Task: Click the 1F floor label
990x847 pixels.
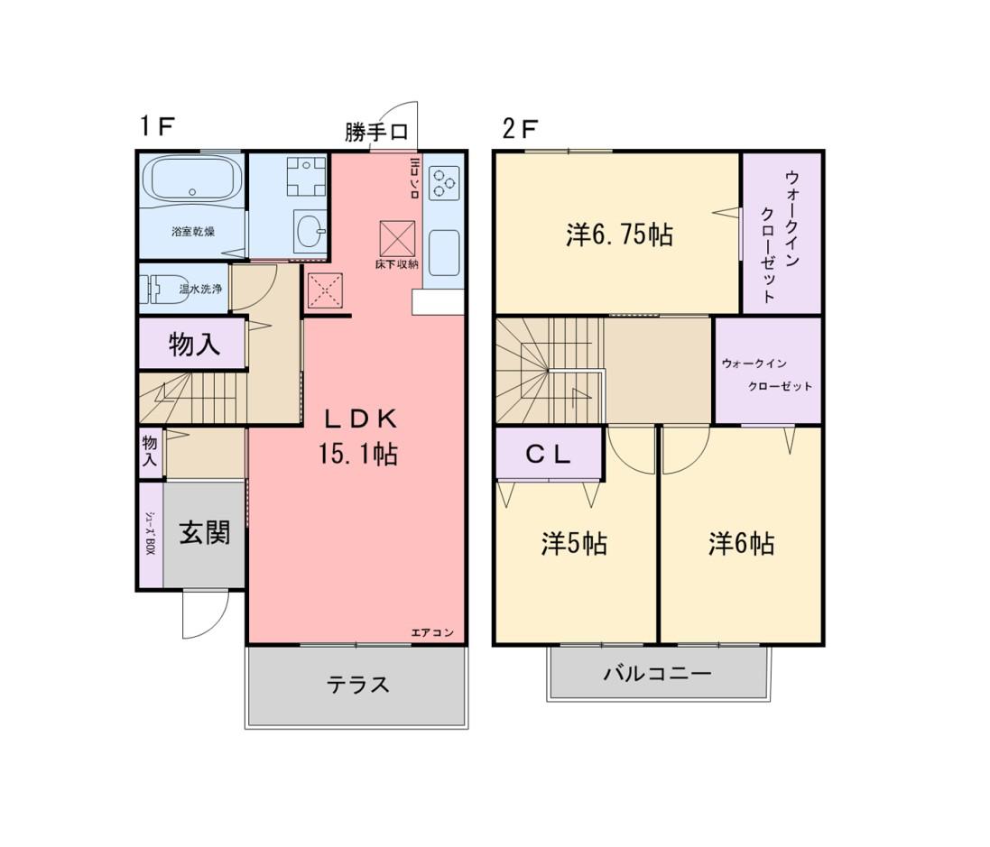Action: (x=157, y=127)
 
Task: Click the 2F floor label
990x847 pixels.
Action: (x=520, y=129)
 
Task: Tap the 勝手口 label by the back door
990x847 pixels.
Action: (x=376, y=132)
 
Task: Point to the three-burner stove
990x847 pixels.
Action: (x=444, y=182)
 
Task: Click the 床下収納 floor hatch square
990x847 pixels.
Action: (x=397, y=238)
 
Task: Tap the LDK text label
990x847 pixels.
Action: (x=361, y=418)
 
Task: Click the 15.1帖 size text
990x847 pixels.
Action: (x=358, y=453)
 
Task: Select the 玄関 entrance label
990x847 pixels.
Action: (x=205, y=533)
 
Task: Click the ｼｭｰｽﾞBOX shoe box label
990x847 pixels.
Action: (x=151, y=532)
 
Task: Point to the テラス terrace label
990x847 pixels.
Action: (x=357, y=684)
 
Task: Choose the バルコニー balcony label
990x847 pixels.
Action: (x=658, y=674)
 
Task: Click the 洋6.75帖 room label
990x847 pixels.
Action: (x=619, y=235)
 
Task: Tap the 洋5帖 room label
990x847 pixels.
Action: (x=574, y=543)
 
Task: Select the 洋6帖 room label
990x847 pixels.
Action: (x=741, y=543)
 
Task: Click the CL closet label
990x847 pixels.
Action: (x=548, y=455)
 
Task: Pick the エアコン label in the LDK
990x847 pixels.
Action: (x=432, y=632)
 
